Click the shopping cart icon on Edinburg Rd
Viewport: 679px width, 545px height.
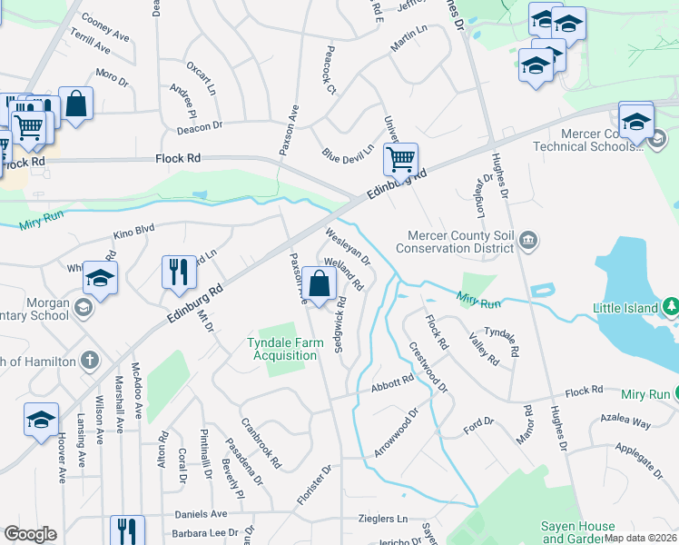pos(400,160)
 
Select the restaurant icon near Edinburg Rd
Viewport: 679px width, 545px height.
pos(178,272)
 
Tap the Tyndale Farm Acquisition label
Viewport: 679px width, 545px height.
pos(283,349)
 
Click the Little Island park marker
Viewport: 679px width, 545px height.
pos(671,307)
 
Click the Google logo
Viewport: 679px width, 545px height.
pos(30,534)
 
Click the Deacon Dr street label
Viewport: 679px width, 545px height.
pos(201,128)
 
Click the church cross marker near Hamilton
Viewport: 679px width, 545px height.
pos(88,361)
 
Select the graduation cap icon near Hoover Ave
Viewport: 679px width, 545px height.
pos(41,419)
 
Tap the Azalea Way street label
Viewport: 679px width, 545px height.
pos(625,422)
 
